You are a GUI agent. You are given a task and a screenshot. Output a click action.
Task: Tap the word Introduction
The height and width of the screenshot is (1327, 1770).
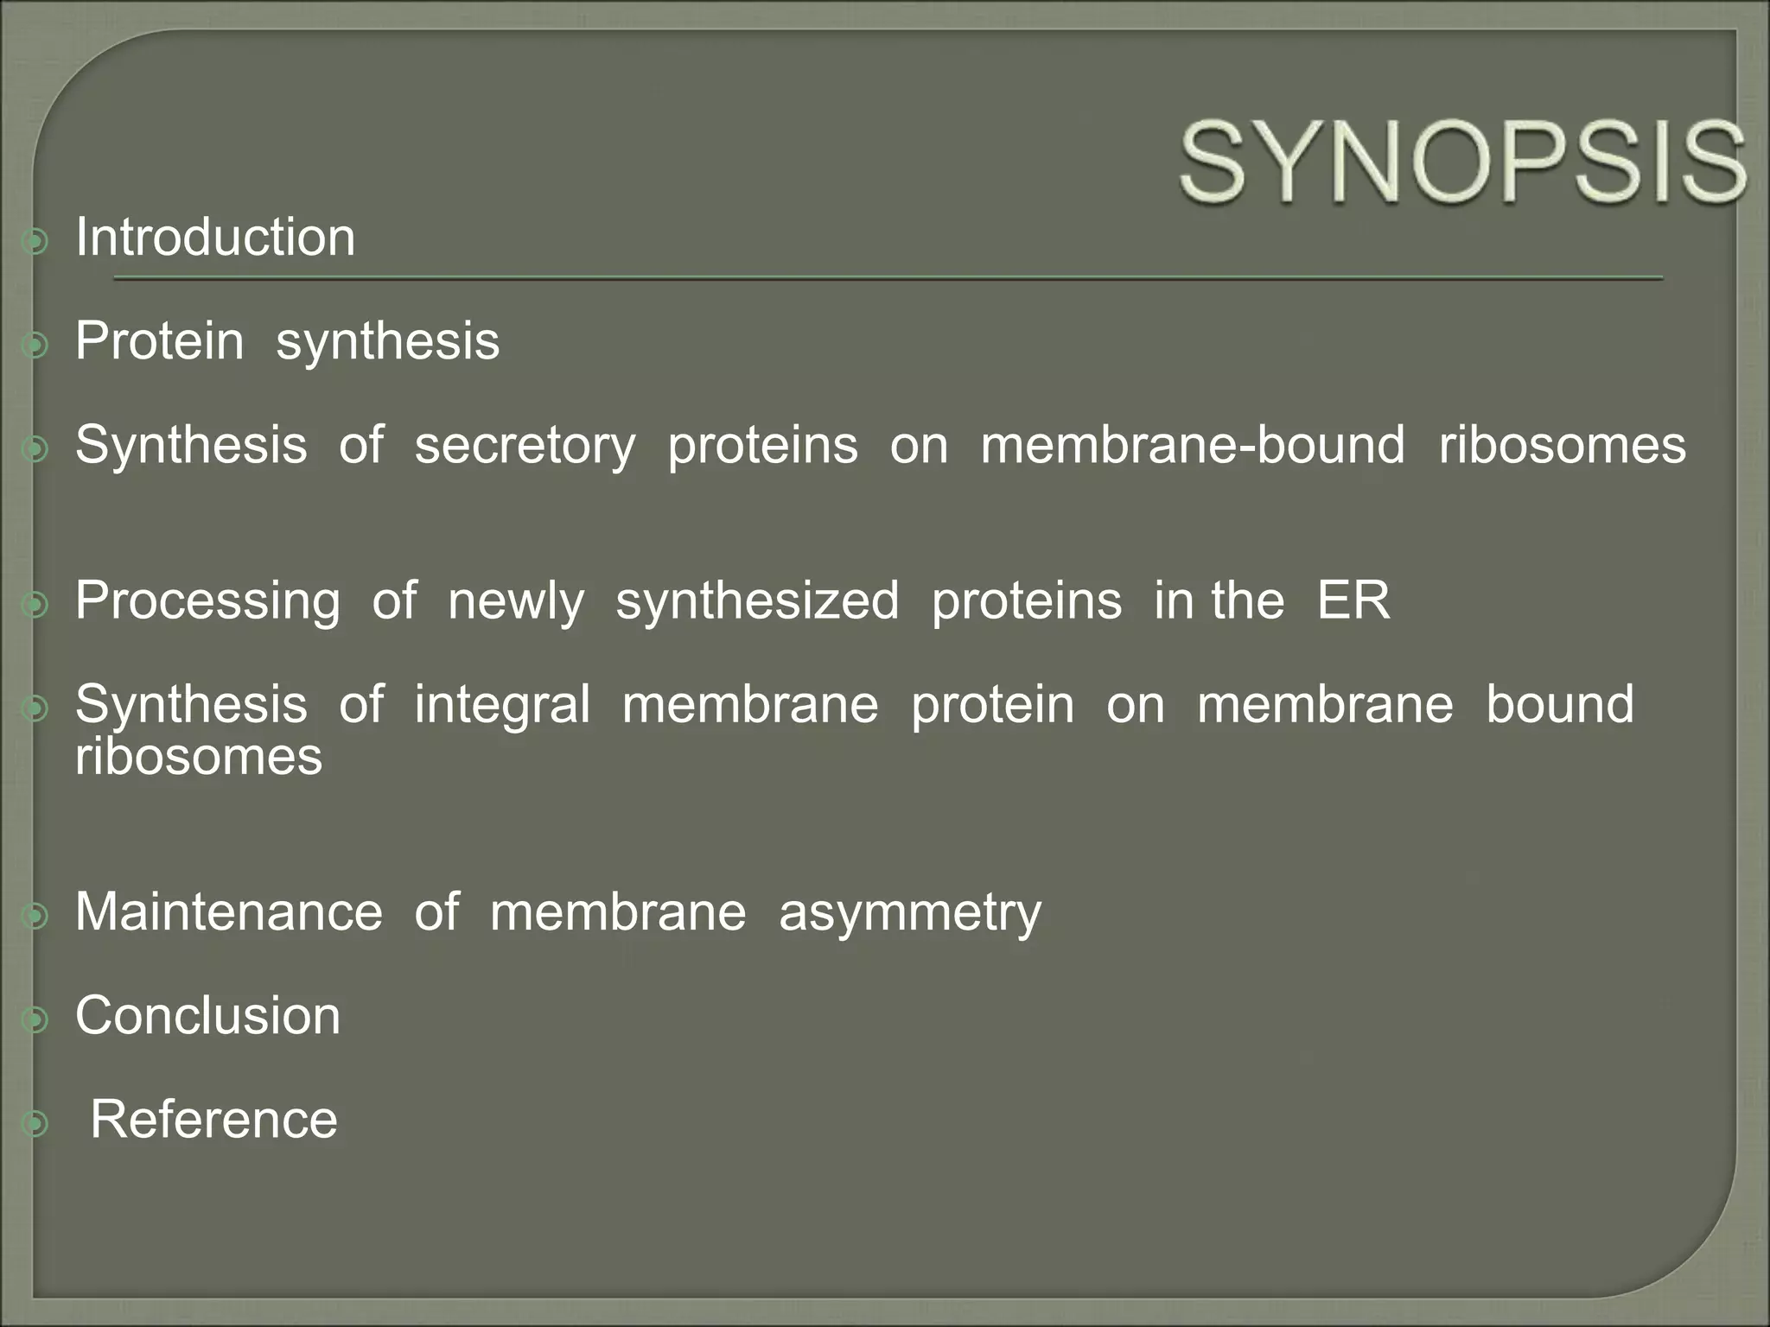pos(215,237)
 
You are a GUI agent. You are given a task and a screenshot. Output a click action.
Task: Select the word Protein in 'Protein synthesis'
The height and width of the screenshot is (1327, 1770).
pos(160,340)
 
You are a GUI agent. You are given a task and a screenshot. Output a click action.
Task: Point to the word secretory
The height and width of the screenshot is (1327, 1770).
pos(525,445)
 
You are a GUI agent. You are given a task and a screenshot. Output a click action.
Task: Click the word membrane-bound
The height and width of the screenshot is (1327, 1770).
pos(1193,445)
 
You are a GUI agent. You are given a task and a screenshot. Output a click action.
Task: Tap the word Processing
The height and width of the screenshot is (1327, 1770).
pos(207,600)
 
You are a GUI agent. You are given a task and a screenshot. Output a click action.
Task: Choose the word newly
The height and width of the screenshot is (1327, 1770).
pos(516,600)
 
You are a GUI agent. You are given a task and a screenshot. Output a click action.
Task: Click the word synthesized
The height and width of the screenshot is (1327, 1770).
pos(757,600)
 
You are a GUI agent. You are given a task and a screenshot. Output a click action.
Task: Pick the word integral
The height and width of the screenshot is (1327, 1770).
pos(502,704)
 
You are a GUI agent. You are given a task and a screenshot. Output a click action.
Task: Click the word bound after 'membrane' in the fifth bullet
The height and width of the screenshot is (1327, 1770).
pos(1560,704)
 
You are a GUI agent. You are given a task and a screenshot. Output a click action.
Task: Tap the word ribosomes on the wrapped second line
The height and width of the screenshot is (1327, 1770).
pos(199,757)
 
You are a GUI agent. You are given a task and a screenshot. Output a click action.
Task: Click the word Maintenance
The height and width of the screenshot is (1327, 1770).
pos(229,911)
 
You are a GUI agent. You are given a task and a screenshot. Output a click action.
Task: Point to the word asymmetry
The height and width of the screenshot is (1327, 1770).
pos(910,913)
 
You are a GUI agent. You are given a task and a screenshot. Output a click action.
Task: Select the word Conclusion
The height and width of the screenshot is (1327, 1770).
pos(208,1015)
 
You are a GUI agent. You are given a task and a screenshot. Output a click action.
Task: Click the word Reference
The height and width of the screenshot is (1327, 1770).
pos(214,1119)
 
